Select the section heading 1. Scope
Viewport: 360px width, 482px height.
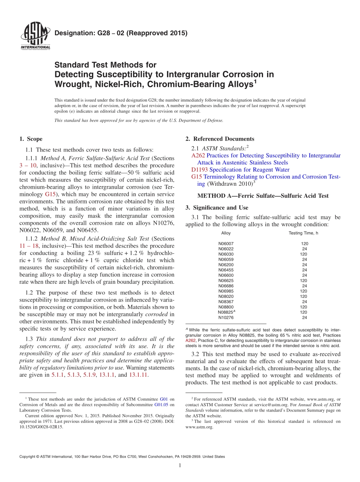(31, 139)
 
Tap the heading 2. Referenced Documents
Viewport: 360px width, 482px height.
(219, 139)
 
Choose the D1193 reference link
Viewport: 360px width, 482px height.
(199, 170)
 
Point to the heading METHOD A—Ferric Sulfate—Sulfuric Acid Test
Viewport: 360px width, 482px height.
(263, 196)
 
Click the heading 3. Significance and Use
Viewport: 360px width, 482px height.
(217, 208)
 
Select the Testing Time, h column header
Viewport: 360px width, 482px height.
(304, 233)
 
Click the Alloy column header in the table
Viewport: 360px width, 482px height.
(226, 233)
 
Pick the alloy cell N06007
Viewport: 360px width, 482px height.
(226, 244)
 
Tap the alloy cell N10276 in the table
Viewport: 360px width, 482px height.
(226, 318)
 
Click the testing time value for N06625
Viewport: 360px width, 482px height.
(304, 281)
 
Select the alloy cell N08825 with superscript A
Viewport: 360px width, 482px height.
(227, 312)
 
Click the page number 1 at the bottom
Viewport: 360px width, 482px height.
(180, 466)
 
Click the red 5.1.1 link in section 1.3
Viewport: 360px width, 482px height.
(57, 375)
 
